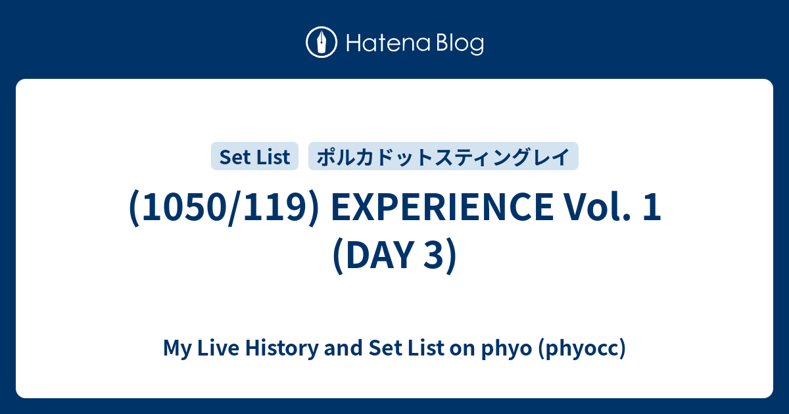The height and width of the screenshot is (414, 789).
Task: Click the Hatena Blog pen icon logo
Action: pos(322,42)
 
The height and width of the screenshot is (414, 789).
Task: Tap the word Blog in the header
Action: pos(460,44)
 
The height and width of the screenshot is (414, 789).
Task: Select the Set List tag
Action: pos(254,156)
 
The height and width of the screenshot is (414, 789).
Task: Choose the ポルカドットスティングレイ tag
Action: pos(443,156)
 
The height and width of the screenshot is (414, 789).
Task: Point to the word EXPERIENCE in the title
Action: pos(442,207)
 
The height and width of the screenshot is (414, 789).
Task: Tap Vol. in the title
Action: pos(598,207)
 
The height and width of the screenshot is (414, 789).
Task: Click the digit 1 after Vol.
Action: pos(652,207)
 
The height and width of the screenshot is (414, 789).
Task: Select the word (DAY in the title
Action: pos(373,255)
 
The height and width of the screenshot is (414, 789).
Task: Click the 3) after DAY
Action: pos(441,255)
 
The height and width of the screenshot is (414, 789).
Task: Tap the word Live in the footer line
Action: pos(218,348)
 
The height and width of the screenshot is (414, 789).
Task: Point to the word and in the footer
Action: pos(343,348)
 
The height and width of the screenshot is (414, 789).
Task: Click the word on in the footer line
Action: pos(462,350)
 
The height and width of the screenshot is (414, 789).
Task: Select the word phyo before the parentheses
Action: pos(506,349)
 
